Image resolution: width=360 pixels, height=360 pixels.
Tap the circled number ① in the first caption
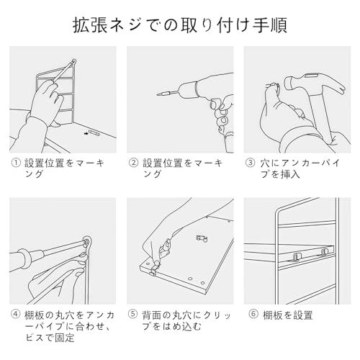16,163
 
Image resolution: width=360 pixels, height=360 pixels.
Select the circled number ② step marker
133,163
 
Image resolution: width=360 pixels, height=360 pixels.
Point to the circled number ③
251,163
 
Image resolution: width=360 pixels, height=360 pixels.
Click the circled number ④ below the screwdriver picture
16,315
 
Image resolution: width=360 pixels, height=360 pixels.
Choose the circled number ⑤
133,315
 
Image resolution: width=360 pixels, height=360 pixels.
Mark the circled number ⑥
251,315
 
